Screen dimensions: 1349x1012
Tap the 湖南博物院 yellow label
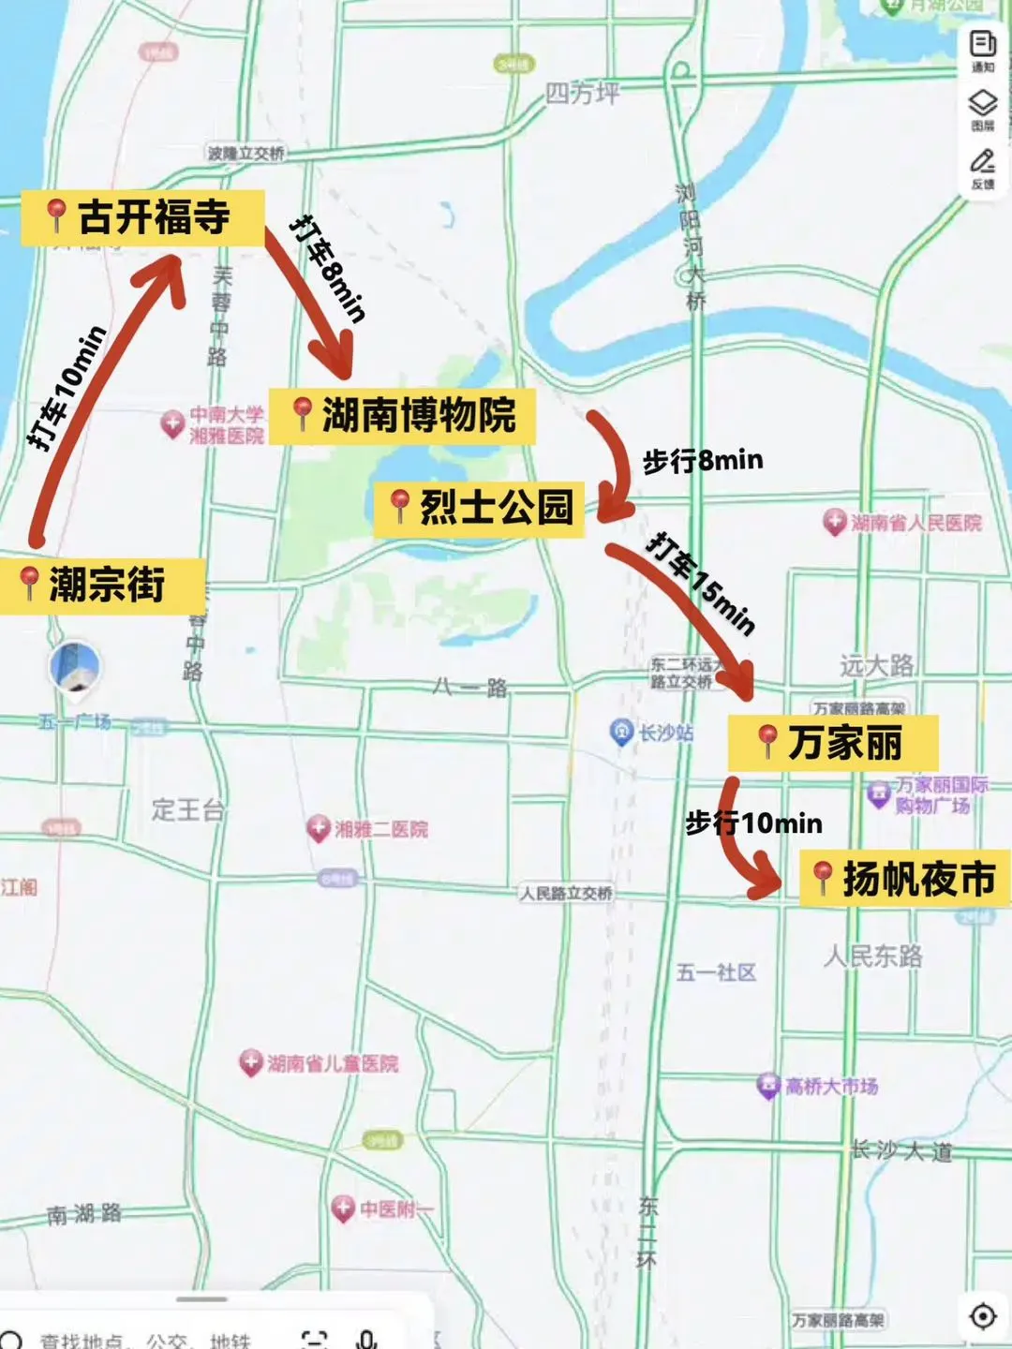(x=403, y=416)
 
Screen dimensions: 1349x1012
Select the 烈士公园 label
(x=480, y=508)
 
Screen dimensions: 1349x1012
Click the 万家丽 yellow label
(x=832, y=743)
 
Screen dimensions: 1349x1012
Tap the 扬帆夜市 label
(x=905, y=879)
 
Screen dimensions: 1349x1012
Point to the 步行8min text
(x=703, y=461)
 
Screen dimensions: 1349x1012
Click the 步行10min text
(x=754, y=823)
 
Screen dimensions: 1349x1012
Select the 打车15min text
(x=701, y=584)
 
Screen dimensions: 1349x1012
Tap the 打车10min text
(x=67, y=389)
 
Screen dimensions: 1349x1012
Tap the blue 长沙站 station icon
(x=621, y=733)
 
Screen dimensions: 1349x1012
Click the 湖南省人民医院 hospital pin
(x=834, y=522)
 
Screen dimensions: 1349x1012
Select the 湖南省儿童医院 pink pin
(x=250, y=1062)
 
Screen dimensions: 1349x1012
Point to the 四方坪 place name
(x=582, y=93)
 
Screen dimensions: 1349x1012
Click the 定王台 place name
(x=187, y=809)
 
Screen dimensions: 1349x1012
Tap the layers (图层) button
(x=982, y=109)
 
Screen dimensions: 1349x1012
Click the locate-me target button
(x=982, y=1316)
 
